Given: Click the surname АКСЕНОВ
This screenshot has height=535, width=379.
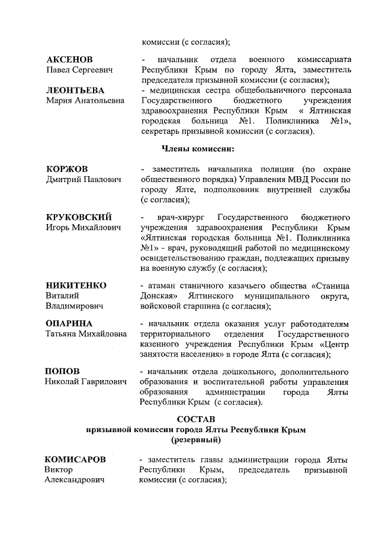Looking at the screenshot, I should click(70, 60).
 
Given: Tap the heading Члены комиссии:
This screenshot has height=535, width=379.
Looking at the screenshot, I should click(198, 148).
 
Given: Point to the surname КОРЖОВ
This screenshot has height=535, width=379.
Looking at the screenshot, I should click(67, 168).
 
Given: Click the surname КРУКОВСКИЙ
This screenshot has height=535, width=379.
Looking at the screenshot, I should click(79, 216).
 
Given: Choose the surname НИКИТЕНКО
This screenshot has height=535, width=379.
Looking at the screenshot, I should click(76, 285).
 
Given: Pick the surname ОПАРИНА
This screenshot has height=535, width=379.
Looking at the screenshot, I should click(69, 323).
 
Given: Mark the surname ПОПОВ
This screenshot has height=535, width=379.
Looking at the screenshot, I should click(63, 371).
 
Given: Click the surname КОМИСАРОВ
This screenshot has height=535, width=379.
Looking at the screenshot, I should click(76, 459).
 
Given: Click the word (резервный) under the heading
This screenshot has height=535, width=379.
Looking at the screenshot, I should click(196, 440).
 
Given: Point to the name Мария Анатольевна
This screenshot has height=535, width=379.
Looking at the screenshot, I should click(85, 100).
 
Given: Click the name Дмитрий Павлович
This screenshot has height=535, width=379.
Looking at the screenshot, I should click(83, 180).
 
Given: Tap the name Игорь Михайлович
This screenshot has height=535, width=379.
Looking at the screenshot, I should click(83, 227).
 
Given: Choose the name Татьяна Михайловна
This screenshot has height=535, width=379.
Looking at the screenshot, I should click(86, 334).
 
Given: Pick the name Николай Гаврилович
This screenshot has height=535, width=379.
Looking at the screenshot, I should click(86, 382).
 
